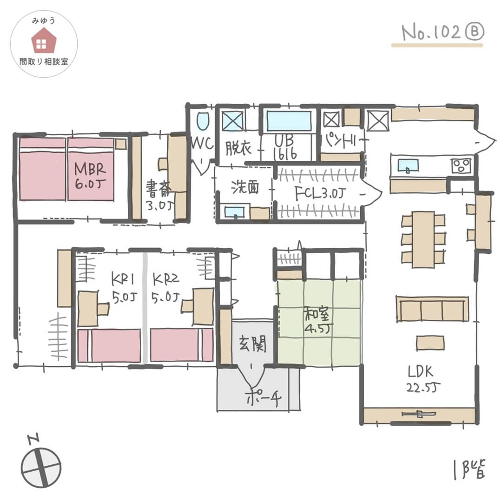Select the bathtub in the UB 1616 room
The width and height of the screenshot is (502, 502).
(288, 121)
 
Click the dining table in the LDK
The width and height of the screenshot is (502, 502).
(423, 239)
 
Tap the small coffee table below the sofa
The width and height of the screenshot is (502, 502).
(430, 343)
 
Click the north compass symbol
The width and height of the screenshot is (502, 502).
(41, 466)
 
